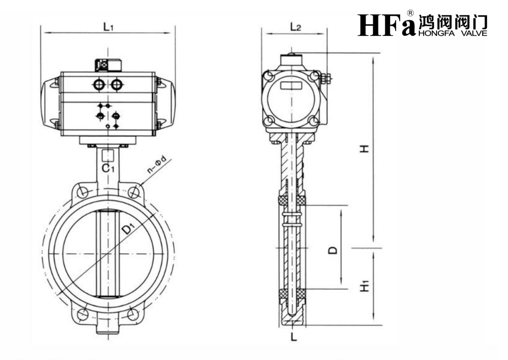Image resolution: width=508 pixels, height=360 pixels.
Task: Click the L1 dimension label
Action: point(109,27)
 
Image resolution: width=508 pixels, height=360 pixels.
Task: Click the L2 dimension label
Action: point(295,27)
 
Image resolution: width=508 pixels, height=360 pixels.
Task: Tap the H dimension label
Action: point(366,149)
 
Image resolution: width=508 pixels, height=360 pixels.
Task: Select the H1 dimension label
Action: point(365,286)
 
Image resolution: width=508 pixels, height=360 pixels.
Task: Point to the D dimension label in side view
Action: point(333,250)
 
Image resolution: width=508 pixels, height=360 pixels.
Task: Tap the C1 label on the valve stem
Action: point(108,168)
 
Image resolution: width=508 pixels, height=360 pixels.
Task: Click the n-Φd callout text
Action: point(156,165)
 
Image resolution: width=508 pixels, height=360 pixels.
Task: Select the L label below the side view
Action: point(294,337)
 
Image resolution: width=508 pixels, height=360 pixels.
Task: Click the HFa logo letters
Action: point(386,25)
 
